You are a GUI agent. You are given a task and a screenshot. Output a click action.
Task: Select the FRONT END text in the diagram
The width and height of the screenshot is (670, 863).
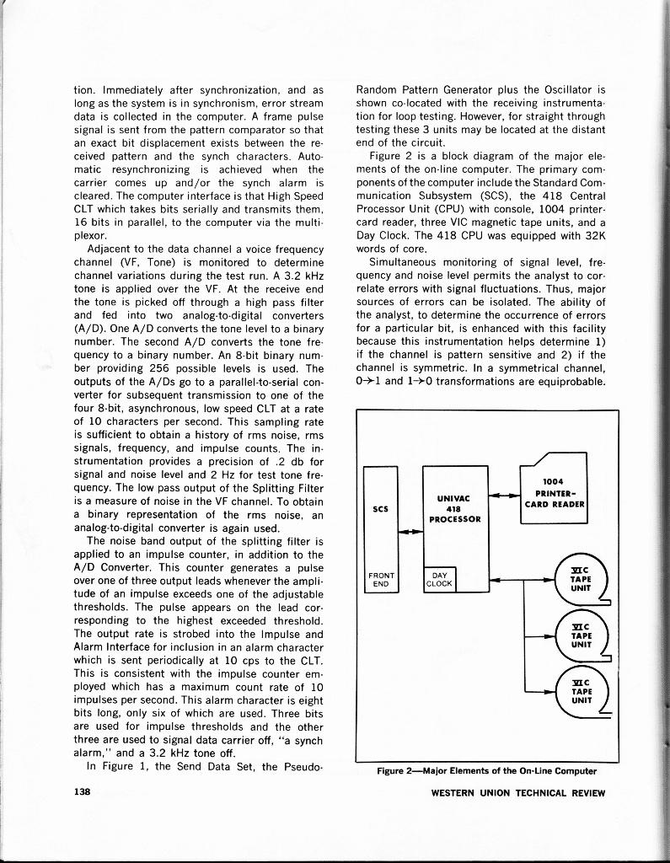pyautogui.click(x=380, y=582)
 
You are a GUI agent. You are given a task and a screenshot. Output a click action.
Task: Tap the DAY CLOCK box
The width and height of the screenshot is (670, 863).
pyautogui.click(x=439, y=579)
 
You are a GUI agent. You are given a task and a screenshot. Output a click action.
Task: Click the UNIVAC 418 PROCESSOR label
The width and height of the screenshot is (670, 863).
pyautogui.click(x=454, y=508)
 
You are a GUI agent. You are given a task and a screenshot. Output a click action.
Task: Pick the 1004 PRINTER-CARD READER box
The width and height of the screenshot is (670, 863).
pyautogui.click(x=555, y=493)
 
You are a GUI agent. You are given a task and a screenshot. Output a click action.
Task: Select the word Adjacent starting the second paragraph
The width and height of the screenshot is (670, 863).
pyautogui.click(x=113, y=249)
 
